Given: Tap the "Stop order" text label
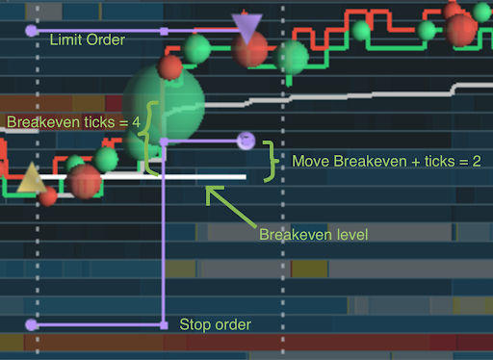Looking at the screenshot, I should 215,324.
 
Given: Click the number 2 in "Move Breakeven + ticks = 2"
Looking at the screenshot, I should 475,160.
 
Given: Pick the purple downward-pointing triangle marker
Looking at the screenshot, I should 247,28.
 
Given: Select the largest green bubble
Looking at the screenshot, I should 164,104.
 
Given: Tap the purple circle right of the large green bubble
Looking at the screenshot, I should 246,141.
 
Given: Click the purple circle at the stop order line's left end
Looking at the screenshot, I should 32,325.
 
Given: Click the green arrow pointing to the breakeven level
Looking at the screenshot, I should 228,205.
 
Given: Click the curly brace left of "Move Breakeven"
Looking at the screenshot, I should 272,160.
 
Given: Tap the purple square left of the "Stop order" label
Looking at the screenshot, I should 164,325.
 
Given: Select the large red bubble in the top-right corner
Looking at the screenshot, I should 461,29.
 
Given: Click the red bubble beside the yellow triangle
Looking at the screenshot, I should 84,179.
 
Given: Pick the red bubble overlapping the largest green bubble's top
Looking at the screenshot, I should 170,67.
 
